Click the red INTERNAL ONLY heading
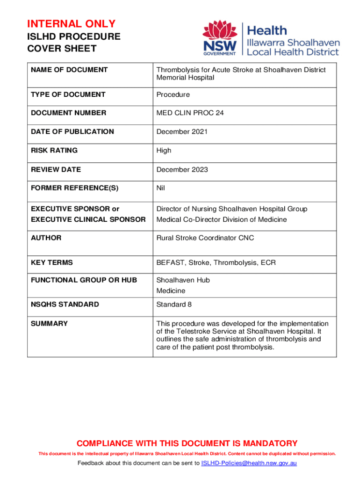click(71, 24)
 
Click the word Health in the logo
click(267, 31)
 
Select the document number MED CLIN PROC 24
click(190, 113)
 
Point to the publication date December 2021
click(182, 131)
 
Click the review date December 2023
click(182, 169)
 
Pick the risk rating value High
click(164, 150)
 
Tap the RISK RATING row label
click(54, 150)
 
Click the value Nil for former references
click(161, 188)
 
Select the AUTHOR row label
click(46, 238)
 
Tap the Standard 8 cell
click(174, 304)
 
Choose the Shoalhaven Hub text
click(183, 280)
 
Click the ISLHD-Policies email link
click(249, 463)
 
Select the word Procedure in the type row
click(173, 94)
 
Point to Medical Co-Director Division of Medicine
click(222, 219)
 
